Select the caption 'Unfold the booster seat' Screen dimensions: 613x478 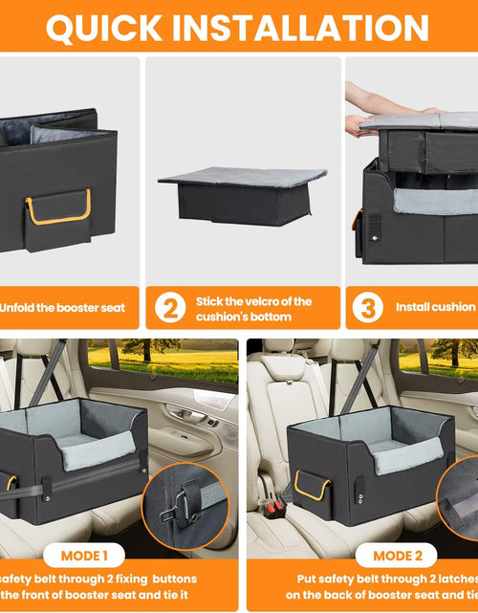[69, 308]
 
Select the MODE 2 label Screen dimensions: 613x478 [399, 555]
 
